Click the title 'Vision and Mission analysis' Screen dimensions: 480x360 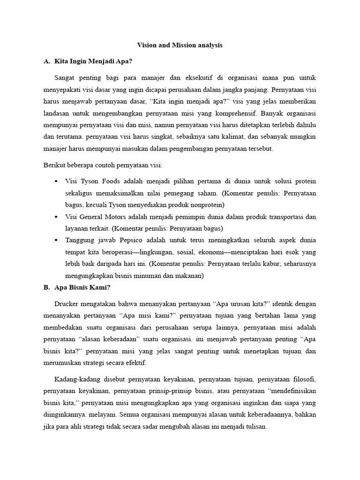tap(180, 45)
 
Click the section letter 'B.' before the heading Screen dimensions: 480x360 tap(46, 287)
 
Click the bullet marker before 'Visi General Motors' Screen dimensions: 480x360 tap(56, 217)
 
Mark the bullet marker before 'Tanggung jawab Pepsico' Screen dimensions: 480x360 tap(56, 240)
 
